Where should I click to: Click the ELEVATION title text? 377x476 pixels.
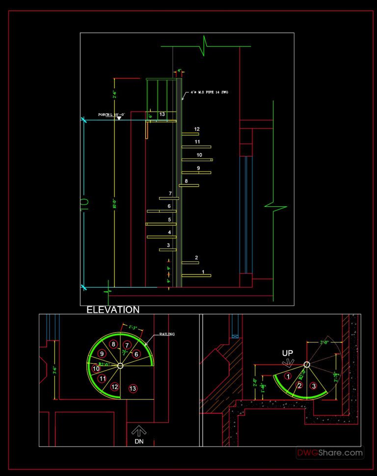tap(113, 310)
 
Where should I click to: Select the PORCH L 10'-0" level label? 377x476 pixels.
tap(111, 114)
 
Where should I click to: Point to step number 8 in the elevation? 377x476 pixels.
tap(186, 181)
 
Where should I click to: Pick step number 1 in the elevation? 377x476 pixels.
tap(203, 271)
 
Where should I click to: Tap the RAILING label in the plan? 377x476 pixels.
tap(167, 334)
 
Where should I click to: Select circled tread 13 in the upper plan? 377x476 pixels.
tap(132, 389)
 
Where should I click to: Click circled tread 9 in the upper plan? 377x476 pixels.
tap(102, 353)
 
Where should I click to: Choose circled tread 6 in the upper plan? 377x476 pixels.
tap(137, 354)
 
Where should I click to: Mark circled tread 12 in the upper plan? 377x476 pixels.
tap(114, 387)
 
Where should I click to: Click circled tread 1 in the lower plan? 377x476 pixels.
tap(288, 376)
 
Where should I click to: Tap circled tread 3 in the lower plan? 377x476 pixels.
tap(314, 386)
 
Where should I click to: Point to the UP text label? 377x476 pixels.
tap(288, 353)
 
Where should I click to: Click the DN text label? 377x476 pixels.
tap(139, 441)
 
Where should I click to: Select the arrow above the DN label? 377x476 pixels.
tap(139, 431)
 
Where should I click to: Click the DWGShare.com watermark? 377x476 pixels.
tap(329, 453)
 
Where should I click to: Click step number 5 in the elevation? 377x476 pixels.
tap(169, 220)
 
